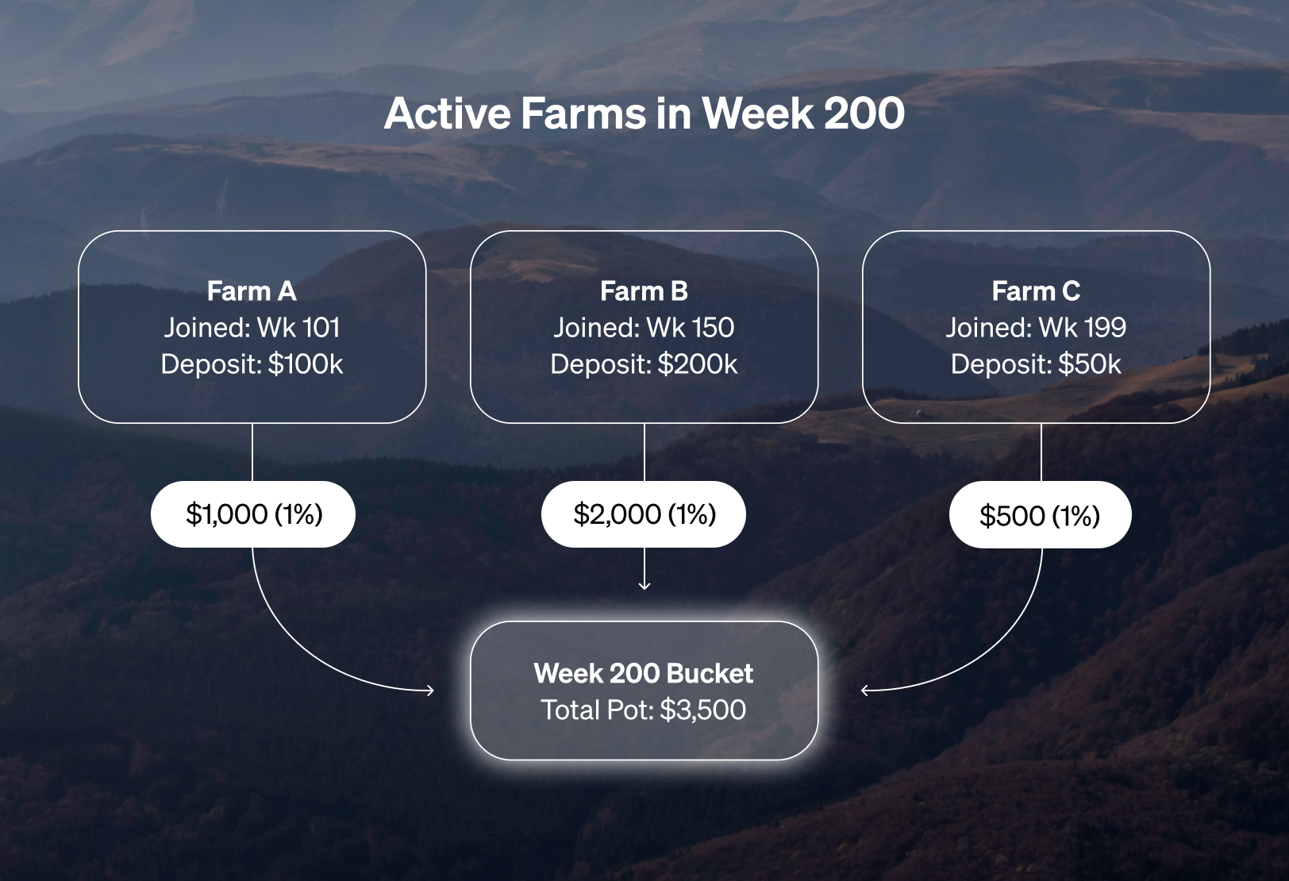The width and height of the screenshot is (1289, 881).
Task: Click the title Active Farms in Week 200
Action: [x=644, y=113]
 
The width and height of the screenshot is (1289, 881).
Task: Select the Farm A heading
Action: [x=252, y=291]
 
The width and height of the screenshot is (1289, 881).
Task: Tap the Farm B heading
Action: [x=644, y=291]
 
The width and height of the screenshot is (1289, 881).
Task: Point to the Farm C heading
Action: [x=1036, y=291]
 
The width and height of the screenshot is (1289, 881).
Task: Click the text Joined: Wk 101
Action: [x=252, y=328]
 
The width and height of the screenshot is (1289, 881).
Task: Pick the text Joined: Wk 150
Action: [x=644, y=328]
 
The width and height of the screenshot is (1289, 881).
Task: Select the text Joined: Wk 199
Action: [x=1036, y=328]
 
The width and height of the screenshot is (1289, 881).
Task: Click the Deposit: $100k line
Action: [x=252, y=364]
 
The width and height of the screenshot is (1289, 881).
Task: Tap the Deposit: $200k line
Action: [x=644, y=364]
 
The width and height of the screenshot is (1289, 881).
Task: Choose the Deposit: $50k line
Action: [x=1036, y=364]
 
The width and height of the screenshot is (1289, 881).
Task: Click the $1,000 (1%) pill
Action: [x=253, y=514]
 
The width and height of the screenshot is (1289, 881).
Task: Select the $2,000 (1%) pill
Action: [x=644, y=514]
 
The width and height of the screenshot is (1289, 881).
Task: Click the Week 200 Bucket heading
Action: [x=644, y=673]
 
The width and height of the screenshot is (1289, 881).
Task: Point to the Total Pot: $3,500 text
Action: [x=644, y=710]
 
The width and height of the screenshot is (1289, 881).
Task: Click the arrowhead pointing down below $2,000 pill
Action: [x=644, y=586]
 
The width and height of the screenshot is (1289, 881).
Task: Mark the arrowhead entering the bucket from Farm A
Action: [x=430, y=690]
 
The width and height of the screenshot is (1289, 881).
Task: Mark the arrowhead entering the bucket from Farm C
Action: [x=864, y=690]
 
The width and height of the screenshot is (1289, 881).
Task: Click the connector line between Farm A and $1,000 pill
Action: [x=252, y=452]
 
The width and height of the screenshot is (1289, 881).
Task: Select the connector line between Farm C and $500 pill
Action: [x=1041, y=452]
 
